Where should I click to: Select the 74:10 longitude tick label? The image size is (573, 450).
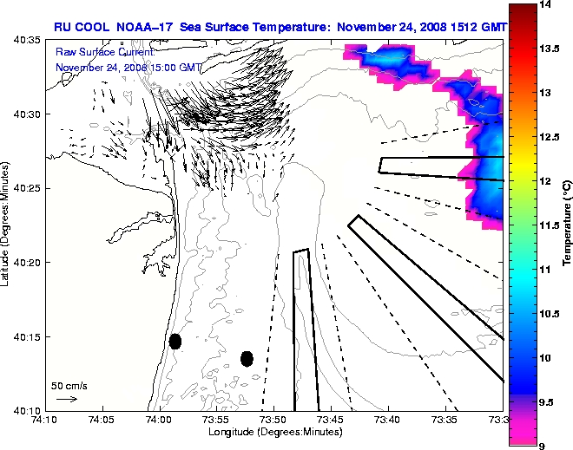click(44, 420)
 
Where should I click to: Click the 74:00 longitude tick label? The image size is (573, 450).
click(159, 420)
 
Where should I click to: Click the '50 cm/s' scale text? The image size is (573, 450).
click(69, 385)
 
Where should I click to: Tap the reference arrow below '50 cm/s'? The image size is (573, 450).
click(67, 399)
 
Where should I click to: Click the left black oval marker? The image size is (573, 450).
click(175, 341)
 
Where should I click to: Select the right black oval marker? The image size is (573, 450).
click(247, 358)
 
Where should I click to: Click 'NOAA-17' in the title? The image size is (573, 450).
click(142, 27)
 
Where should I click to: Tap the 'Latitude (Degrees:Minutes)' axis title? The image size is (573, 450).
click(8, 225)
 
